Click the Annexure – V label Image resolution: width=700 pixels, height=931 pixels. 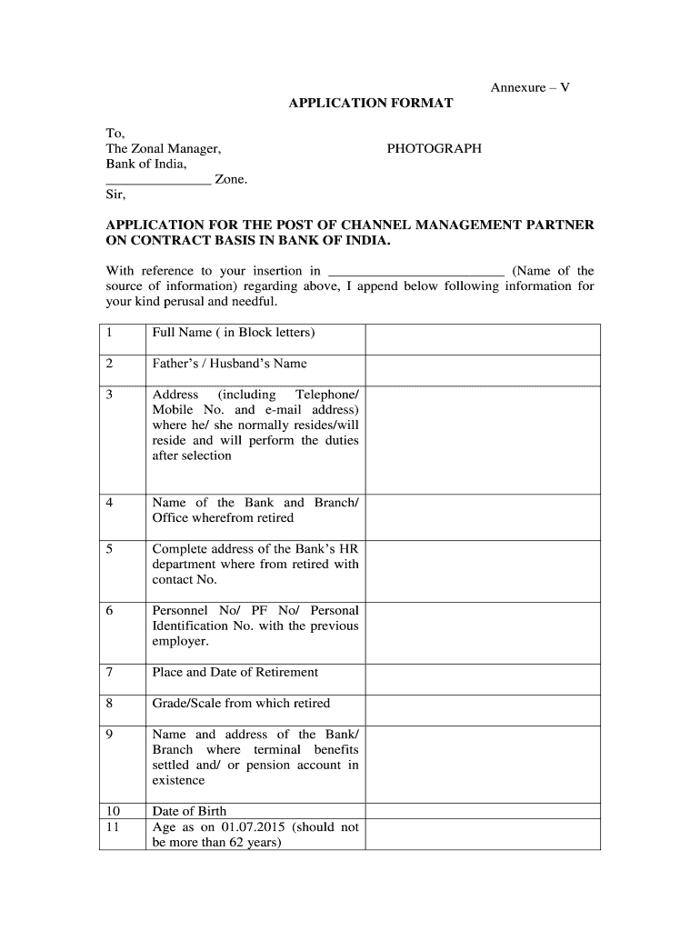[530, 87]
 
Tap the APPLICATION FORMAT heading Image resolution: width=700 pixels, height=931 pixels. [370, 104]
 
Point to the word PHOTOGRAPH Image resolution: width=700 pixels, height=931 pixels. [434, 148]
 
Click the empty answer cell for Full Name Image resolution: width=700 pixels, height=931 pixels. [482, 339]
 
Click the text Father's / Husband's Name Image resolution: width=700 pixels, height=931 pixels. [230, 364]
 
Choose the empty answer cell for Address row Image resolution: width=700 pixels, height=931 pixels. [482, 440]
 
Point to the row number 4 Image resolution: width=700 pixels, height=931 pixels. [110, 503]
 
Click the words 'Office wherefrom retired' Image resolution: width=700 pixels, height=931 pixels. [224, 518]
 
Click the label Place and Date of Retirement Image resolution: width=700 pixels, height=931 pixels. [235, 673]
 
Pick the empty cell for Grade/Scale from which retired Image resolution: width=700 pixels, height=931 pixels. [482, 710]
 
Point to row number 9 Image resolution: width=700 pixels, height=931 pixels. [110, 735]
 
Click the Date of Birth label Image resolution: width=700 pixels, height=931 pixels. [190, 811]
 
